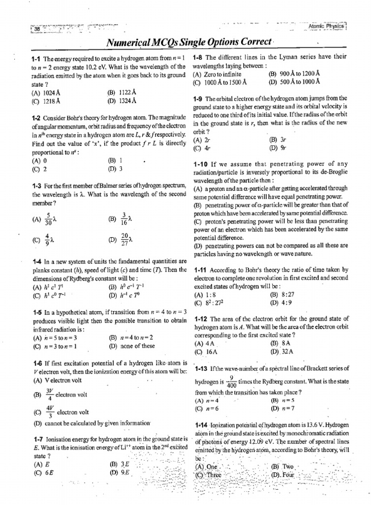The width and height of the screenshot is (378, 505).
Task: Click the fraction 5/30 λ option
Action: tap(46, 218)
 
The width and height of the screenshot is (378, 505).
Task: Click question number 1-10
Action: tap(199, 164)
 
